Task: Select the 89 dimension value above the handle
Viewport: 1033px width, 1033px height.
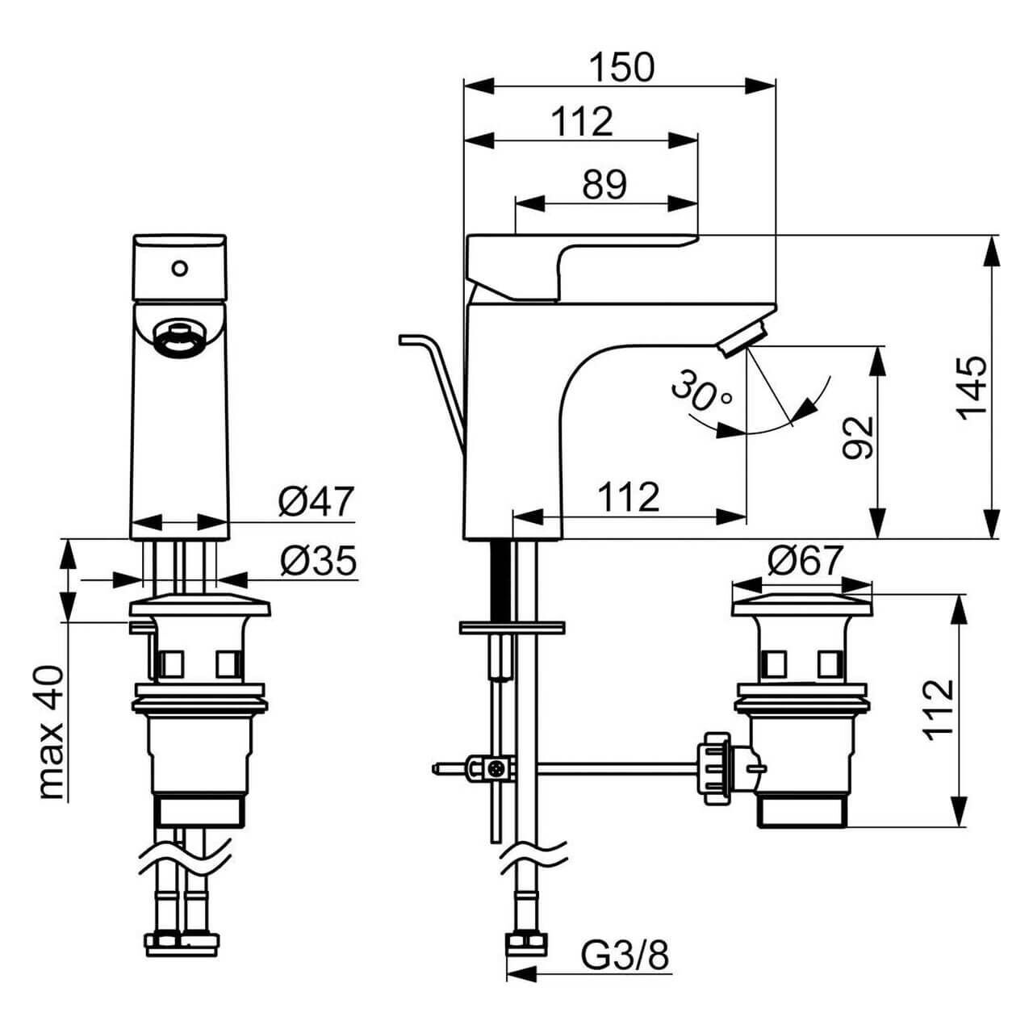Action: click(604, 185)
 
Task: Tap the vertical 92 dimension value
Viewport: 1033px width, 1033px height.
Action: click(859, 437)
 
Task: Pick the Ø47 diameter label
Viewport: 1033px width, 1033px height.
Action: click(316, 502)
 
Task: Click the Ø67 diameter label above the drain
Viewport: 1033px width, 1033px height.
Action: click(805, 560)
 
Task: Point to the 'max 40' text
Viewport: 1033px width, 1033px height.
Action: click(51, 733)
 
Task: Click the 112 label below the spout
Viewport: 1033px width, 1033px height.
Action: click(628, 497)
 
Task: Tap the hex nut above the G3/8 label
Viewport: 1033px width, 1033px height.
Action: click(527, 943)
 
